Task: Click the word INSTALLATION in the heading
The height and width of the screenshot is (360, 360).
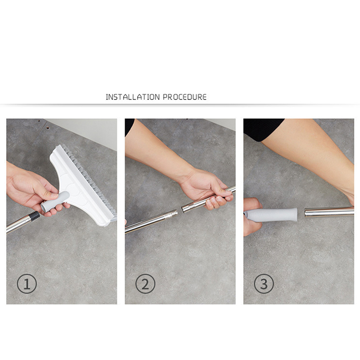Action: tap(132, 97)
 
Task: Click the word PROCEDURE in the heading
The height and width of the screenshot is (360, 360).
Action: tap(185, 97)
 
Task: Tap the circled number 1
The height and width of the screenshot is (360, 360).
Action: tap(27, 283)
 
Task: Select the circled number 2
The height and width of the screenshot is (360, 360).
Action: tap(145, 284)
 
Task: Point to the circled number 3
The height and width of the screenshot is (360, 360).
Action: tap(264, 284)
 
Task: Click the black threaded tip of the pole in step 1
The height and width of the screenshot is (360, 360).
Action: tap(35, 216)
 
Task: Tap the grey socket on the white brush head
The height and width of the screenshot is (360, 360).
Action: tap(55, 202)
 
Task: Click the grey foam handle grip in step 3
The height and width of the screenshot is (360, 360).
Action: tap(271, 215)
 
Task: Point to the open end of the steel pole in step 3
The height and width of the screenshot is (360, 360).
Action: tap(306, 212)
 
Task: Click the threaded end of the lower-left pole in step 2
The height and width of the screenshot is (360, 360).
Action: tap(171, 215)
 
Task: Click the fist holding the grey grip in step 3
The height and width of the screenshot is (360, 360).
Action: tap(252, 216)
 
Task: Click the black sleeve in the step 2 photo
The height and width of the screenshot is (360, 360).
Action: tap(129, 127)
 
